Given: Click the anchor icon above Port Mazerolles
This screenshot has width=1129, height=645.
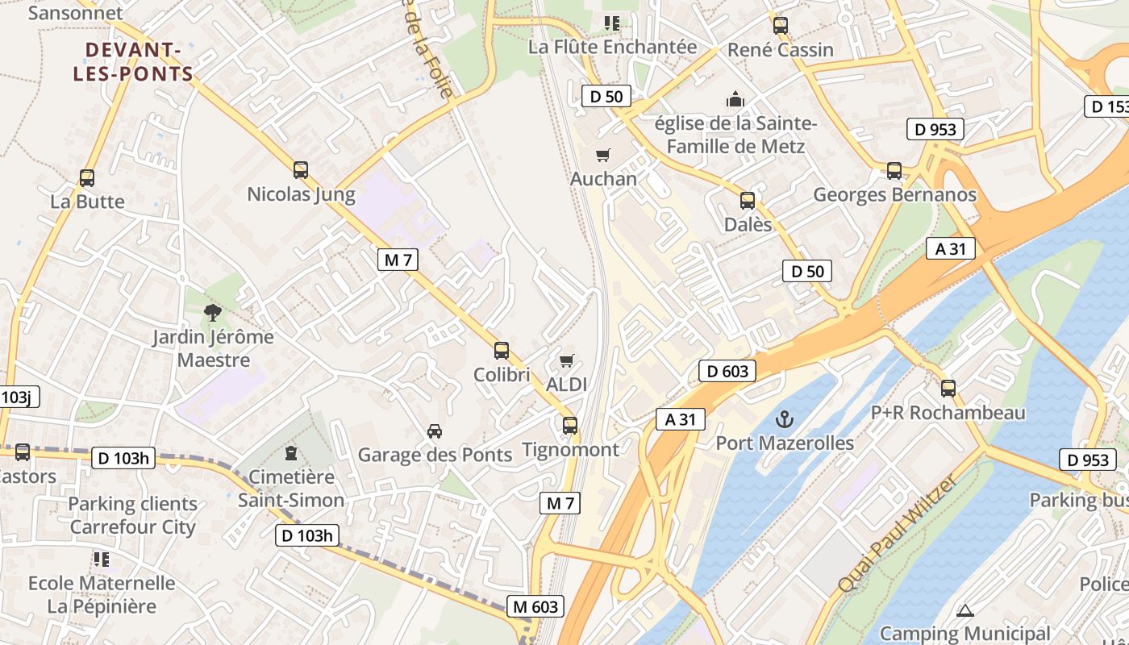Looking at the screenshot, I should click(x=784, y=419).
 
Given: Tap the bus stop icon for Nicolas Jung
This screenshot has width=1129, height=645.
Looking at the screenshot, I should click(x=301, y=170).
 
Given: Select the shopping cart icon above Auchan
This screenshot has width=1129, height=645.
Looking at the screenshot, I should click(x=602, y=155).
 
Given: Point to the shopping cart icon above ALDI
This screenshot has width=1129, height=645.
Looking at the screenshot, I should click(x=567, y=360).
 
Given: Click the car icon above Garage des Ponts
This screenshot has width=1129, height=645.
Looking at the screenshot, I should click(x=435, y=431).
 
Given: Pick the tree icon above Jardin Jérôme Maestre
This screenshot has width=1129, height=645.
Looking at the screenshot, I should click(x=213, y=312).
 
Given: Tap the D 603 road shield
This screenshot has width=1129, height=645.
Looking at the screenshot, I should click(x=727, y=371).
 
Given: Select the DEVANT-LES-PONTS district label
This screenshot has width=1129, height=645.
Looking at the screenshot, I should click(x=134, y=62).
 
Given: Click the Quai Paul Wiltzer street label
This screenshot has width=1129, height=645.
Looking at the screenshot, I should click(x=897, y=533).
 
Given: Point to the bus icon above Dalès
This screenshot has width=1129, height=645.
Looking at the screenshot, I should click(x=748, y=201).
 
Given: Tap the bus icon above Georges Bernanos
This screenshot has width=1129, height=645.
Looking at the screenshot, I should click(x=894, y=171).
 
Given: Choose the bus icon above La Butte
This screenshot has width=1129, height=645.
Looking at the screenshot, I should click(x=87, y=178).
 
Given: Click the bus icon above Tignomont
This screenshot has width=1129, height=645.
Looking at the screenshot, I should click(x=570, y=425).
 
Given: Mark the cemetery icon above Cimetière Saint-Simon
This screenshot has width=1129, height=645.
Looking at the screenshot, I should click(x=291, y=454).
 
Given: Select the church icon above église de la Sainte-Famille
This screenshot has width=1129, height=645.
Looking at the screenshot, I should click(x=735, y=100).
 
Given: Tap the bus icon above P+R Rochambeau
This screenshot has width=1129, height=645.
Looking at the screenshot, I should click(x=948, y=389).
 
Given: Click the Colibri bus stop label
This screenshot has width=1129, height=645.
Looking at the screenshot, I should click(x=502, y=375).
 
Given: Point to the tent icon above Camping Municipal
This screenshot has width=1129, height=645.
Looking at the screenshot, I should click(x=964, y=611).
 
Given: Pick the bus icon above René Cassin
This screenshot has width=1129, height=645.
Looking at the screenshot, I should click(x=780, y=26).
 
